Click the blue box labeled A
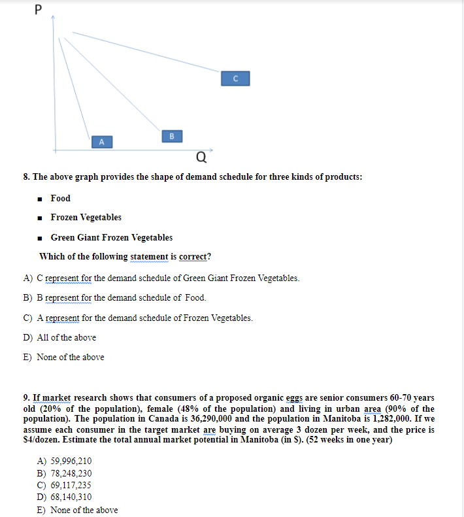coord(102,141)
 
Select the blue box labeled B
coord(171,136)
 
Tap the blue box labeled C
coord(235,78)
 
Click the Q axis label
coord(201,157)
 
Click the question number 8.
coord(25,177)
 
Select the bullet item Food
coord(60,198)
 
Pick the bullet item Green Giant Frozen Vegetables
coord(111,237)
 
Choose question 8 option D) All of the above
coord(59,337)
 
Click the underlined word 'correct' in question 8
coord(192,256)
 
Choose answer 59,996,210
coord(64,461)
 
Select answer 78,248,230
coord(64,473)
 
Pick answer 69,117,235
coord(64,485)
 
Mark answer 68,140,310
coord(64,497)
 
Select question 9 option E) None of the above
coord(77,510)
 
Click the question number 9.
coord(25,397)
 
